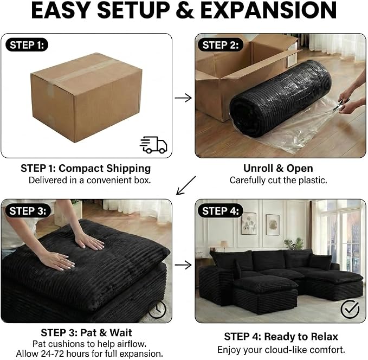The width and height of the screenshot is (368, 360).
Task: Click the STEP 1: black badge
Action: pyautogui.click(x=27, y=45)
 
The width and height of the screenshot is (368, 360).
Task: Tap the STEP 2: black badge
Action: pyautogui.click(x=220, y=45)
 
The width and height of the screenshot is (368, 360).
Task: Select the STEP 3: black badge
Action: pyautogui.click(x=28, y=211)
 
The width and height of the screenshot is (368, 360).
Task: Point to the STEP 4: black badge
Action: pyautogui.click(x=220, y=211)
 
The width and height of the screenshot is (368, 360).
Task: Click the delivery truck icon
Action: pyautogui.click(x=153, y=145)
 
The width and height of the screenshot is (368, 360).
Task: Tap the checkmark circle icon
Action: pyautogui.click(x=350, y=309)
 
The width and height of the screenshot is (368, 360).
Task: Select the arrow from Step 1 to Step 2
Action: pyautogui.click(x=183, y=98)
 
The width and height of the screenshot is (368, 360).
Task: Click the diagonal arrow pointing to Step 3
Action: pyautogui.click(x=186, y=185)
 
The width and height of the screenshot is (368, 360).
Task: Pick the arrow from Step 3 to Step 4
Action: pyautogui.click(x=183, y=265)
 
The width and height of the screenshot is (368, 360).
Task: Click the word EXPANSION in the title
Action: pyautogui.click(x=269, y=10)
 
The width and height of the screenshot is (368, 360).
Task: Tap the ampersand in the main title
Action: pyautogui.click(x=185, y=10)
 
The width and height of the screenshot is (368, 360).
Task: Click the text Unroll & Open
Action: pyautogui.click(x=278, y=168)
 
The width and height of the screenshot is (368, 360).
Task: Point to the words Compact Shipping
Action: pyautogui.click(x=105, y=169)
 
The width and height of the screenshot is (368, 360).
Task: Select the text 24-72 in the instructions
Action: pyautogui.click(x=53, y=353)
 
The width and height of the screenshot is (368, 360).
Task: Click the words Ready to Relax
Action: pyautogui.click(x=301, y=337)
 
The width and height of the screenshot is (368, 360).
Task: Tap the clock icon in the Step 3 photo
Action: pyautogui.click(x=158, y=310)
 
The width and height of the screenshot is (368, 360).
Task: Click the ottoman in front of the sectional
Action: pyautogui.click(x=265, y=294)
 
